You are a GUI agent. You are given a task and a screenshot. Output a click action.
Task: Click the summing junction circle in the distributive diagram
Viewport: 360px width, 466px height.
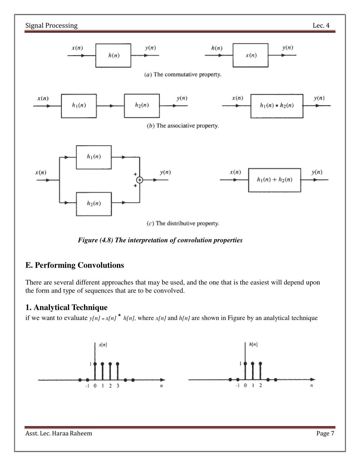coord(140,180)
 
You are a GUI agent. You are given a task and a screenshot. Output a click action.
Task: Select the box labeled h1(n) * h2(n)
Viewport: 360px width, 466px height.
coord(277,106)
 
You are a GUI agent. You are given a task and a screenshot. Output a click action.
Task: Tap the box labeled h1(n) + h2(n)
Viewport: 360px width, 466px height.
coord(275,180)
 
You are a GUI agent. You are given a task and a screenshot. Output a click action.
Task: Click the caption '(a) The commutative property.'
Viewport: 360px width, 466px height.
coord(183,75)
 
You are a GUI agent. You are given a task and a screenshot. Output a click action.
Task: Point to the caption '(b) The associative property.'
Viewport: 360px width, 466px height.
coord(182,126)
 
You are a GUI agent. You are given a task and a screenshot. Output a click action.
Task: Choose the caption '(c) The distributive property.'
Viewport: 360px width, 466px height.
coord(183,223)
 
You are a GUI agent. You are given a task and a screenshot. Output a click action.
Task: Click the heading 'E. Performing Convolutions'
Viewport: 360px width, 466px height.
coord(75,265)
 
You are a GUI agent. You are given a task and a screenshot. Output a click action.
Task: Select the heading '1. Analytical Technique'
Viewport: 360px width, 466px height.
coord(66,307)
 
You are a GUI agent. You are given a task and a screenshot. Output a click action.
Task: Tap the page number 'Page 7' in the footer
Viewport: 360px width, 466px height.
coord(325,433)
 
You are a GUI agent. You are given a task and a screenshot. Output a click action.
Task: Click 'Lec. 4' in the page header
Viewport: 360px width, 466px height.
coord(321,25)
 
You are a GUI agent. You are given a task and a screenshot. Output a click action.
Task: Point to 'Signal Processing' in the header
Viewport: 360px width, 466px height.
coord(51,25)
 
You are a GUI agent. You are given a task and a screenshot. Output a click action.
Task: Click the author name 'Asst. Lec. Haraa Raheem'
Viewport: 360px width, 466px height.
coord(59,433)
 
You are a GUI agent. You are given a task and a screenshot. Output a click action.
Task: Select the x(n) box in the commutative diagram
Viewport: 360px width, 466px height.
coord(250,55)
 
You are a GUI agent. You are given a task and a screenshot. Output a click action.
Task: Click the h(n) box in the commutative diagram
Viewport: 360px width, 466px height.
coord(113,55)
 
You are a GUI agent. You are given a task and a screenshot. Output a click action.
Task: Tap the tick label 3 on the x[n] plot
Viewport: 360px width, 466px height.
coord(118,386)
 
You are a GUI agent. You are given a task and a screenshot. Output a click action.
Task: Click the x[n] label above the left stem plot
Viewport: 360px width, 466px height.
coord(103,345)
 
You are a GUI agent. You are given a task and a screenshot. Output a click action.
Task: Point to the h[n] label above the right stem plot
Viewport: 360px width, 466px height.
coord(253,345)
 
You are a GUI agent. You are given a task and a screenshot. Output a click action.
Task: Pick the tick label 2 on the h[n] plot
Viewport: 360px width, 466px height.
coord(261,385)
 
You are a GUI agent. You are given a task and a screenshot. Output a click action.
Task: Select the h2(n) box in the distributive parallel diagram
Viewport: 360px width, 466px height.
coord(94,204)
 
